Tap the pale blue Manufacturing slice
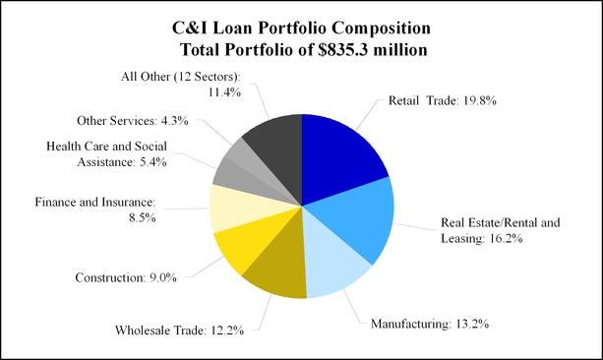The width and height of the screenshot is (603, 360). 331,262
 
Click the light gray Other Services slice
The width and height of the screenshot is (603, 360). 254,161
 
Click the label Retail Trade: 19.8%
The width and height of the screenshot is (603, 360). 443,100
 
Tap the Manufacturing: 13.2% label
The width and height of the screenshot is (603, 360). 430,324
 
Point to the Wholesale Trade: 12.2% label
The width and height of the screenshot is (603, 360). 179,330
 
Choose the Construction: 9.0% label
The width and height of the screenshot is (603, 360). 126,277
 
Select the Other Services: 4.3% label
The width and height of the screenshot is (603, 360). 133,121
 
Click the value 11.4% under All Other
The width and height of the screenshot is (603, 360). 224,92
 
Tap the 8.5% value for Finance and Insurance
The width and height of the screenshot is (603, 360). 143,218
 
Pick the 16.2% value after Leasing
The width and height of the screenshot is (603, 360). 506,238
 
